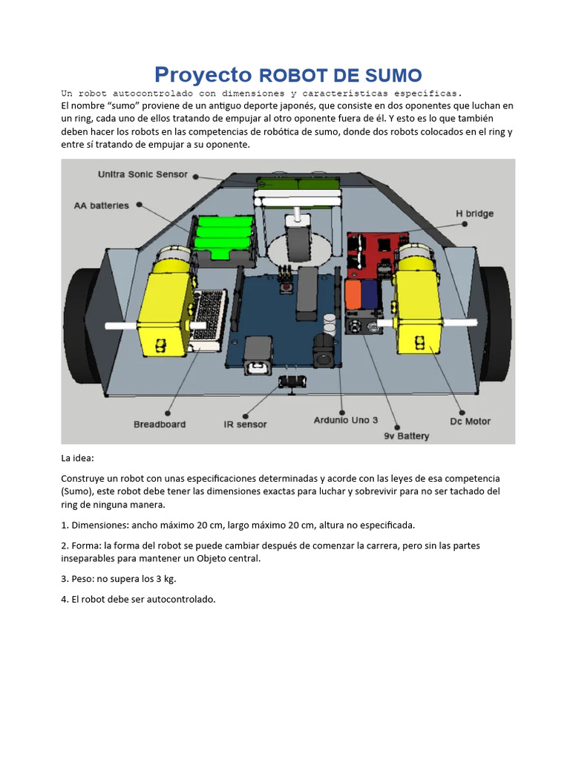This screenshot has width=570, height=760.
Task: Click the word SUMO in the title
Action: tap(393, 75)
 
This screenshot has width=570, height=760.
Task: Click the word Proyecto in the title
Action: tap(203, 75)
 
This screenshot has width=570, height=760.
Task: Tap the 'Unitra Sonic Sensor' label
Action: tap(142, 174)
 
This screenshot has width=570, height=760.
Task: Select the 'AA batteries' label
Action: tap(101, 206)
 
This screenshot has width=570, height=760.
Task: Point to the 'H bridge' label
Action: tap(474, 214)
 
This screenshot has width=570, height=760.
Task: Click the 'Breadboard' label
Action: tap(160, 425)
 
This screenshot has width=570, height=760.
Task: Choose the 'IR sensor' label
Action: tap(245, 425)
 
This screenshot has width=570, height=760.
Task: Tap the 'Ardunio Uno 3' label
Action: tap(345, 420)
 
